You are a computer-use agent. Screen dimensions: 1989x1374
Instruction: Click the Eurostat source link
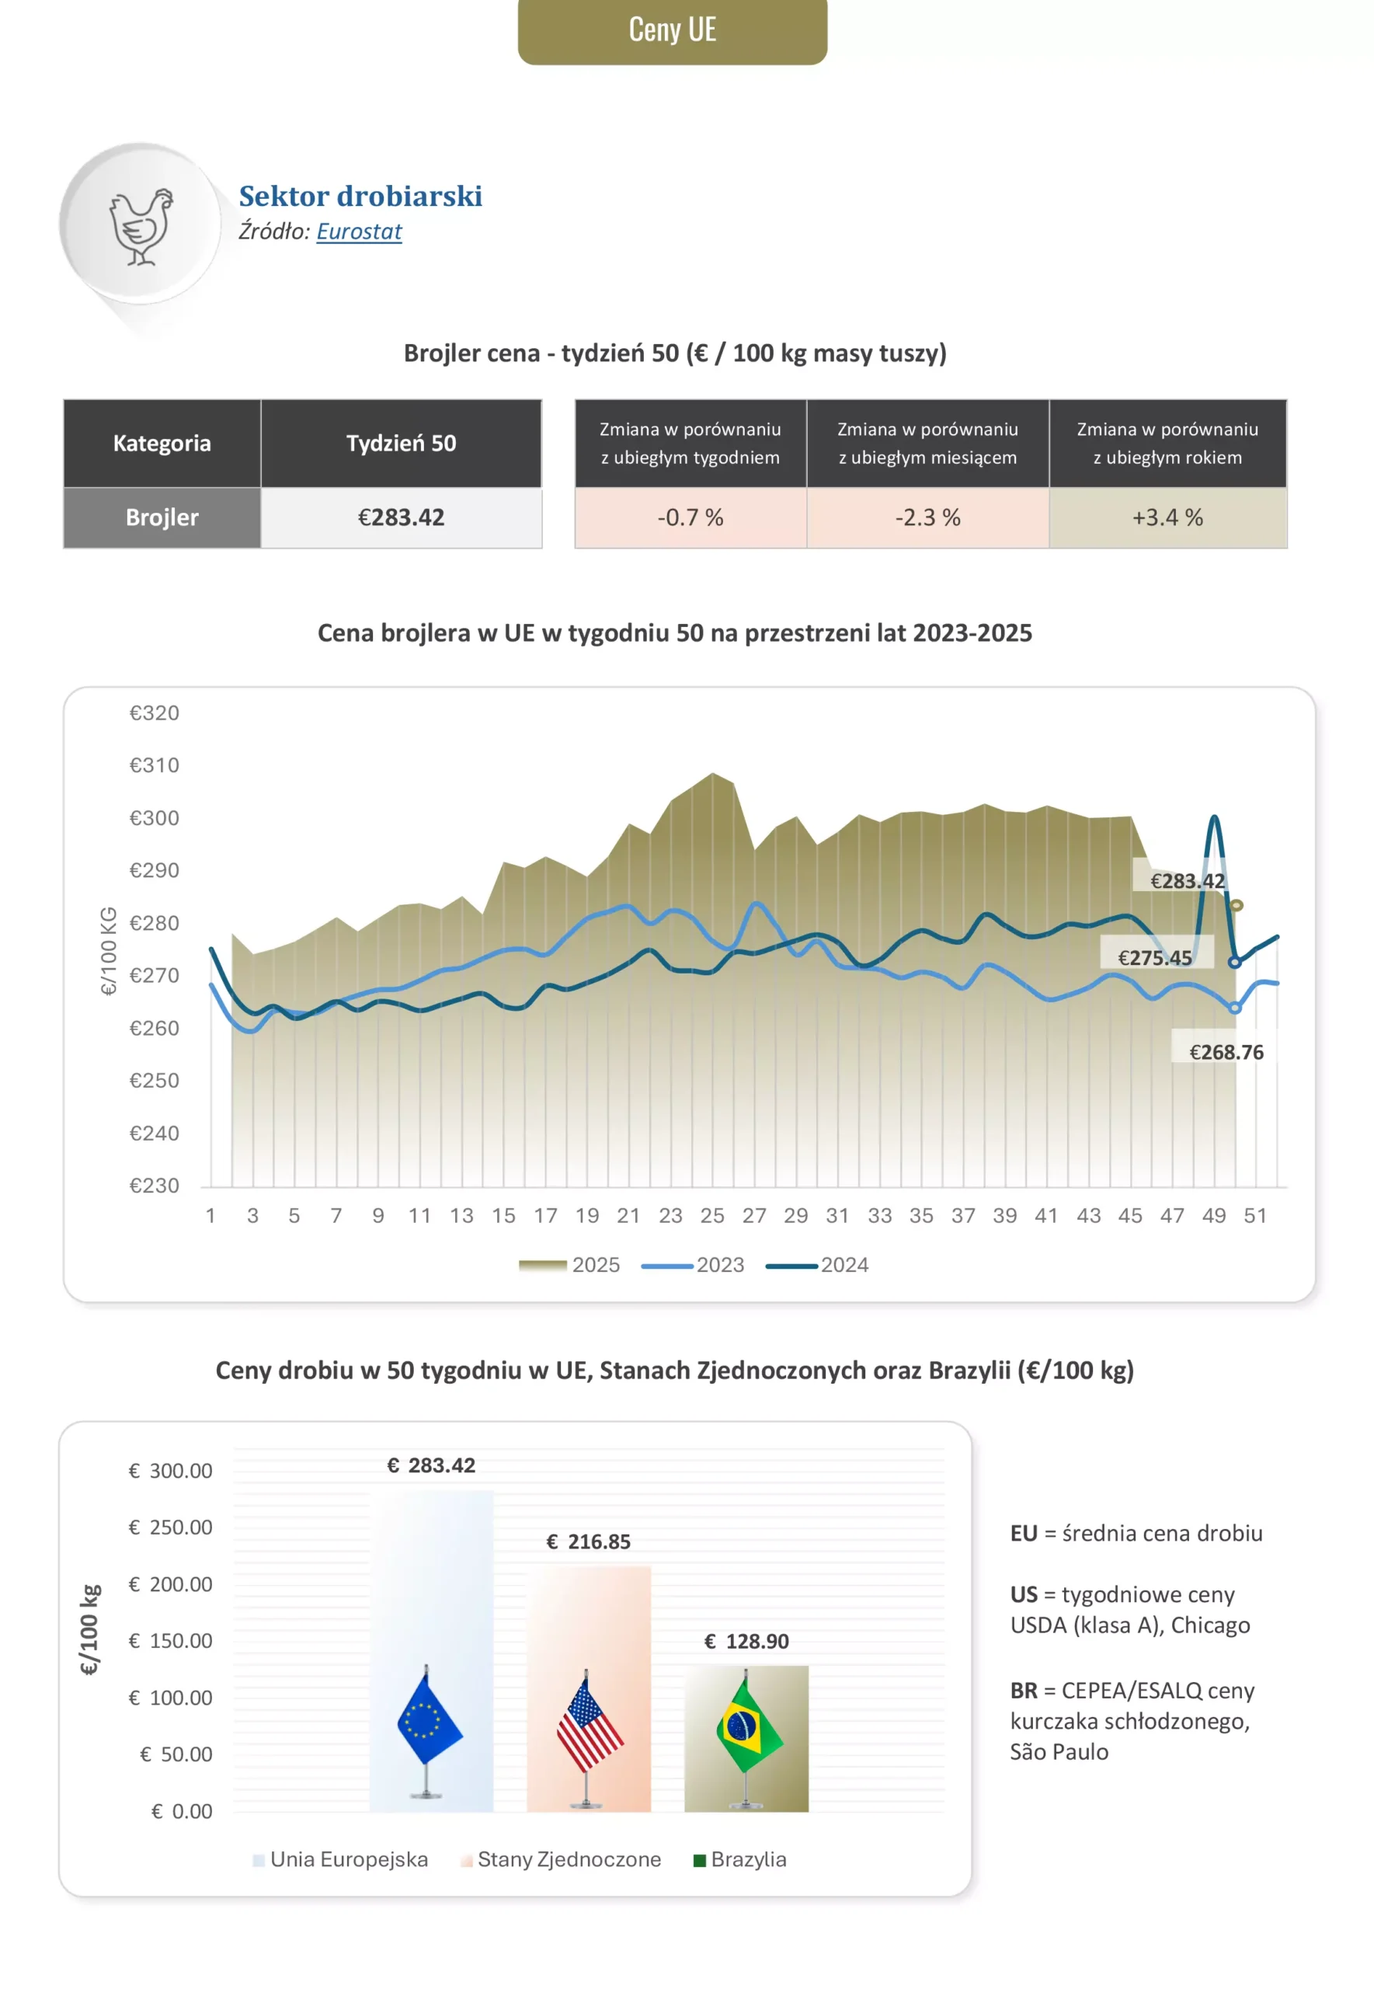point(359,232)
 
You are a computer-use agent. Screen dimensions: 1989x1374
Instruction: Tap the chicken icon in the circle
point(141,226)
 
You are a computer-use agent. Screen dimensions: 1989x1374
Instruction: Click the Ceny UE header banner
point(672,30)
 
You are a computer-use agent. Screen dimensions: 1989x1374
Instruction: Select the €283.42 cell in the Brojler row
point(402,517)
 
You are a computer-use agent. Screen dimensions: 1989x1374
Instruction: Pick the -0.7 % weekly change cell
point(690,517)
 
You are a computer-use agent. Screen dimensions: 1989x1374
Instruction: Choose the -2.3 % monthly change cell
point(927,517)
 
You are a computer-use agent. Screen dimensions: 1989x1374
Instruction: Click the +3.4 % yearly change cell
point(1167,517)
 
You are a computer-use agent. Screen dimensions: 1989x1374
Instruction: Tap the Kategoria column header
point(162,444)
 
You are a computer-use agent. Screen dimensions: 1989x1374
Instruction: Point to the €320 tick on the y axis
point(154,713)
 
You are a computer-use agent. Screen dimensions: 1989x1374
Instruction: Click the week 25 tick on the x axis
point(712,1216)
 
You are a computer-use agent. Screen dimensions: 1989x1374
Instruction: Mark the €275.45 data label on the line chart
point(1154,957)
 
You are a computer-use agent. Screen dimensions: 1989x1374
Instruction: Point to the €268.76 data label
point(1226,1052)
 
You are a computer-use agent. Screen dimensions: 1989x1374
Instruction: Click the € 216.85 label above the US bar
point(589,1541)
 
